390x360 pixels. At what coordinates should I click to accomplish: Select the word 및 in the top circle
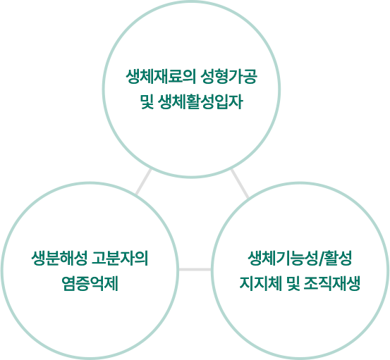147,102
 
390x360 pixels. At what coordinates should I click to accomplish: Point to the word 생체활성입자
200,102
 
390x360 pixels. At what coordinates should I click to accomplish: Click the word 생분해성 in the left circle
59,259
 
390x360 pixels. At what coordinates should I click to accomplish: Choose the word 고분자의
120,259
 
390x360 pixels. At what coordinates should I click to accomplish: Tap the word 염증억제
90,284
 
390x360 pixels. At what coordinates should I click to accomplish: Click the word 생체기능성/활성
300,259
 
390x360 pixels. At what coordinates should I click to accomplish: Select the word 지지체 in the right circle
260,284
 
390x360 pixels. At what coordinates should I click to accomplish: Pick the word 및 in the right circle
293,284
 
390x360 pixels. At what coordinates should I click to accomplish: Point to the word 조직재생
332,284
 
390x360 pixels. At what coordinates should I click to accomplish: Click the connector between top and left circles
143,182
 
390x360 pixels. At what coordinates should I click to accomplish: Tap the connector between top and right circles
240,183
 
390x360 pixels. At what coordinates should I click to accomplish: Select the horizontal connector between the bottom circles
195,269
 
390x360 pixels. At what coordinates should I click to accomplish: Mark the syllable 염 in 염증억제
68,284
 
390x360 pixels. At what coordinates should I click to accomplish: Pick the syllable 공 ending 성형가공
250,77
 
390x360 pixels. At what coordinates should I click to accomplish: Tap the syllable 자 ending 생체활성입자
236,102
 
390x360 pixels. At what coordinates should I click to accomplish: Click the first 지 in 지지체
247,284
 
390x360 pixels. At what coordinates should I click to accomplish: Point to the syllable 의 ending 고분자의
141,259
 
